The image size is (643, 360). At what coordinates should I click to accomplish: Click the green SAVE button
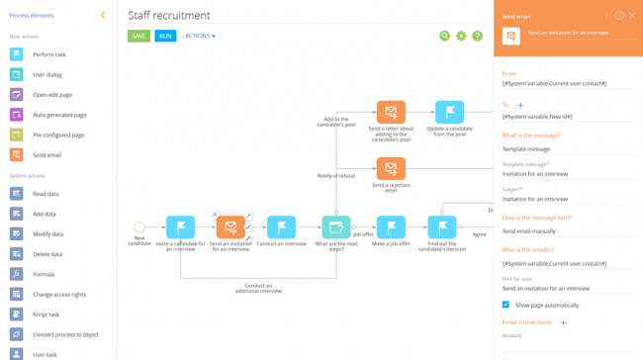click(x=138, y=37)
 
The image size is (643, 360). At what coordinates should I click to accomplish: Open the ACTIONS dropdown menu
click(x=200, y=37)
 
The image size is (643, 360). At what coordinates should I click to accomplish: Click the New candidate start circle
click(x=139, y=227)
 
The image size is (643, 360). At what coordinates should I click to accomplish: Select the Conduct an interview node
click(x=281, y=228)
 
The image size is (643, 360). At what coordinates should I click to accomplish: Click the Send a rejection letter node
click(x=391, y=169)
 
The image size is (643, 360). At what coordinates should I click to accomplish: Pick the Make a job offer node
click(x=391, y=228)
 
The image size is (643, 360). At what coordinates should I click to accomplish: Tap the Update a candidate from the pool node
click(x=449, y=112)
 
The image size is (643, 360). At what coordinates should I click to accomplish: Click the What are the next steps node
click(x=335, y=228)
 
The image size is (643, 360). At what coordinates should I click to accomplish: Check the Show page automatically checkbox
click(x=505, y=305)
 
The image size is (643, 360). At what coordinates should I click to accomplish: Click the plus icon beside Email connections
click(x=564, y=322)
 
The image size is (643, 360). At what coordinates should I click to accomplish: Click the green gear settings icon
click(x=461, y=37)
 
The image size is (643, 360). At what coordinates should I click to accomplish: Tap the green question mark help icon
click(x=478, y=37)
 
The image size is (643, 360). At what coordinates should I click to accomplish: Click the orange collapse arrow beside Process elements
click(x=103, y=16)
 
